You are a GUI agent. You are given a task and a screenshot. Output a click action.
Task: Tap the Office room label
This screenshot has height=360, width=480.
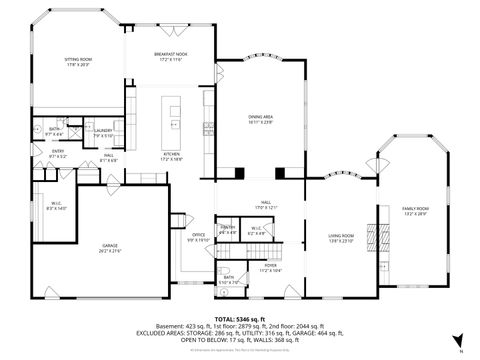pos(197,238)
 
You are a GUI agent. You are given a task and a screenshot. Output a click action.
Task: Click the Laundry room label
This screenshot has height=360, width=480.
pos(103,132)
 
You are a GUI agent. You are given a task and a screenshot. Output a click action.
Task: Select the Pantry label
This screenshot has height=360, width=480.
pos(227,230)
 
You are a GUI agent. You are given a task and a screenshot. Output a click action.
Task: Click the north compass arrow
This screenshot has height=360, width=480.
pos(457,340)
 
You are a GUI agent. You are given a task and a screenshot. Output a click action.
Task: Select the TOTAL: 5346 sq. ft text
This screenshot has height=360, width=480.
pos(239,318)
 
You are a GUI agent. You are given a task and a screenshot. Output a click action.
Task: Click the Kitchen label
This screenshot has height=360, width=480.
pos(170,156)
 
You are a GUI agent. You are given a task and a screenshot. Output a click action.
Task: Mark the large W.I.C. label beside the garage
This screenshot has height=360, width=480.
pos(55,206)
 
